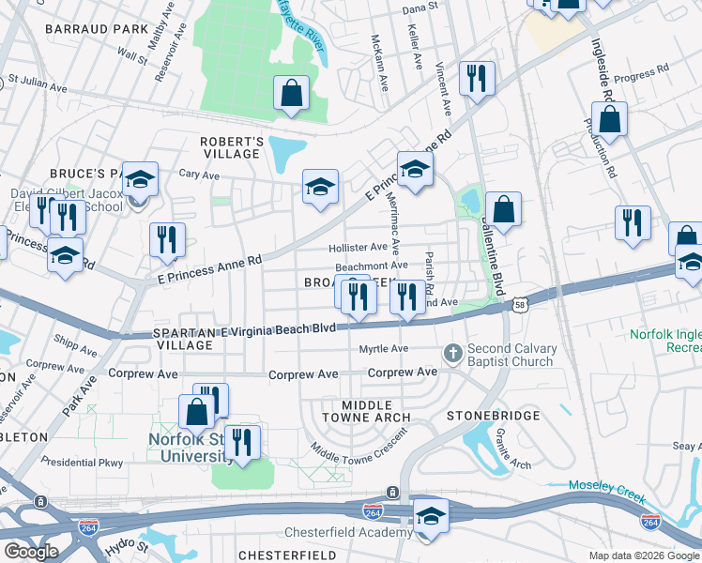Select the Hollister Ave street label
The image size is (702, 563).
click(358, 248)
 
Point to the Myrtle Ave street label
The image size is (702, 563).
click(385, 349)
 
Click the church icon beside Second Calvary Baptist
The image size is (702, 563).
click(452, 354)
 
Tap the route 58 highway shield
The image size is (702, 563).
click(520, 304)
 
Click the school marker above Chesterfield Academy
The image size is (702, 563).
click(431, 515)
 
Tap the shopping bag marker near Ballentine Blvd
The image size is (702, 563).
click(504, 210)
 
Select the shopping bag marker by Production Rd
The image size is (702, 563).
click(610, 120)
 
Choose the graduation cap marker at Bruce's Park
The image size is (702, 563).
click(140, 179)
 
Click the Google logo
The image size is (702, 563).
click(31, 551)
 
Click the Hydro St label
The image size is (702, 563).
click(128, 546)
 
